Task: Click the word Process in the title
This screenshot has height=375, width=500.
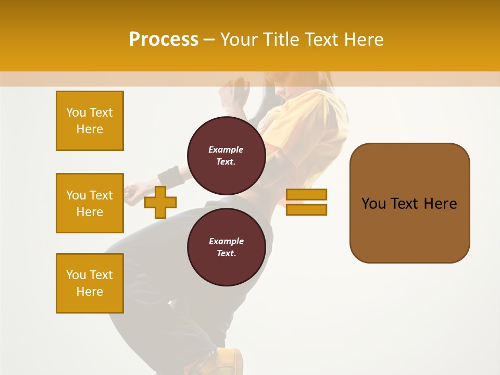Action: tap(164, 40)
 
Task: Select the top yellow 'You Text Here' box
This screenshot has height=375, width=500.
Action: tap(90, 121)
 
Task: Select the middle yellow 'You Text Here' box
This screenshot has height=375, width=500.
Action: tap(90, 203)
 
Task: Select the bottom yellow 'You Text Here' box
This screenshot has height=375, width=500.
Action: tap(90, 283)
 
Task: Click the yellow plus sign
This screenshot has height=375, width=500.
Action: tap(160, 202)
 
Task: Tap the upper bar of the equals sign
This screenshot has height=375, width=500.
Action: tap(306, 195)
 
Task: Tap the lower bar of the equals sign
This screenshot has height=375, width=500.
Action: tap(306, 210)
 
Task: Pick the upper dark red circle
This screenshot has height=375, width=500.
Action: tap(226, 155)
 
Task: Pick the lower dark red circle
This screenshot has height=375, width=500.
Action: tap(226, 247)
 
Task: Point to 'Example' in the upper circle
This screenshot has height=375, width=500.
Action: tap(226, 149)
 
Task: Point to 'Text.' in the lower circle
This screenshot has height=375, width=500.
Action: tap(226, 254)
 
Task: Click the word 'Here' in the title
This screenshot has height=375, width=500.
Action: tap(362, 40)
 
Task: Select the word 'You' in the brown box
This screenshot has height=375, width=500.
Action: tap(374, 204)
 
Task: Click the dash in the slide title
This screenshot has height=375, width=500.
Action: tap(209, 40)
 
